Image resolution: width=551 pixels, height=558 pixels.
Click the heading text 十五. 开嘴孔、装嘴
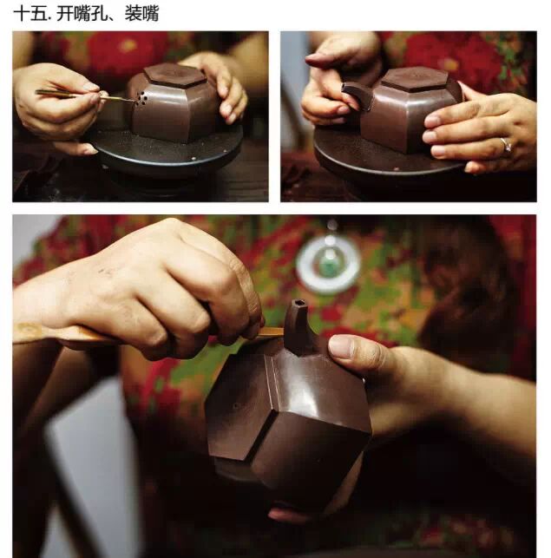pyautogui.click(x=86, y=14)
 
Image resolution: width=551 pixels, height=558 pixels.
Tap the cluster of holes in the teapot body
pyautogui.click(x=141, y=98)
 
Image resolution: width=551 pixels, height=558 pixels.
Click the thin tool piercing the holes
pyautogui.click(x=85, y=95)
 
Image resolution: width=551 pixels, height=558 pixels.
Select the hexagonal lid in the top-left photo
pyautogui.click(x=175, y=75)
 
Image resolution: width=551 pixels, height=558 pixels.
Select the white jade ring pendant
pyautogui.click(x=328, y=265)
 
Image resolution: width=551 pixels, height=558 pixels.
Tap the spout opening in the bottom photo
pyautogui.click(x=299, y=304)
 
